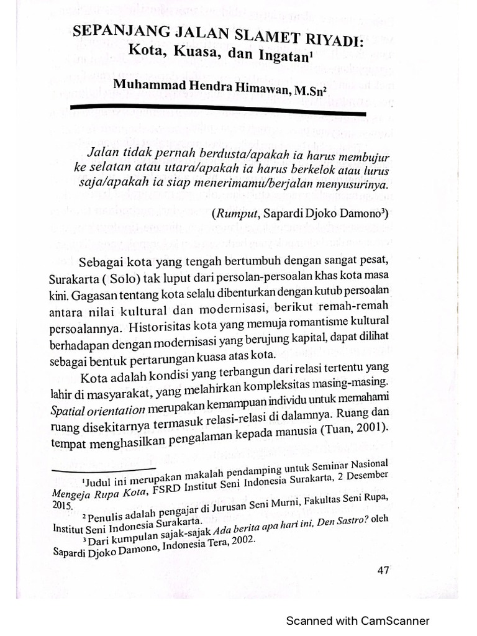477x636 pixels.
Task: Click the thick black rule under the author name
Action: point(217,111)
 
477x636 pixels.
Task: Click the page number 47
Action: point(383,571)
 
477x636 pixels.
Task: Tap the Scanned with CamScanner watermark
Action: point(357,620)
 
